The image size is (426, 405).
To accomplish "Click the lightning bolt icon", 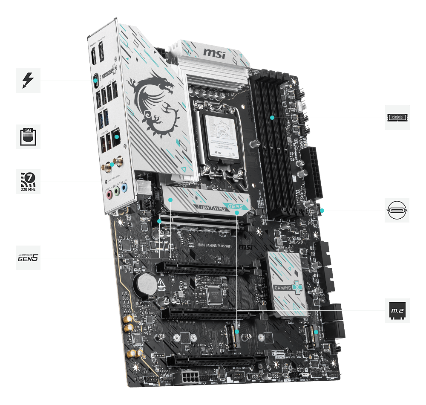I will (28, 80).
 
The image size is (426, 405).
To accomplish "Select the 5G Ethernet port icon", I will (28, 136).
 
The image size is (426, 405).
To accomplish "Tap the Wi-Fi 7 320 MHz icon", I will (28, 181).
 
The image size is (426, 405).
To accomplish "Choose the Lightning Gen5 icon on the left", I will (28, 257).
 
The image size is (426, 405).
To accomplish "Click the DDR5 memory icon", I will (397, 117).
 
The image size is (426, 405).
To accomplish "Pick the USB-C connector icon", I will (397, 210).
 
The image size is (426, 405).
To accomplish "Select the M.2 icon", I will (397, 310).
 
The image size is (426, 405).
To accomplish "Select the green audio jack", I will (117, 191).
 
